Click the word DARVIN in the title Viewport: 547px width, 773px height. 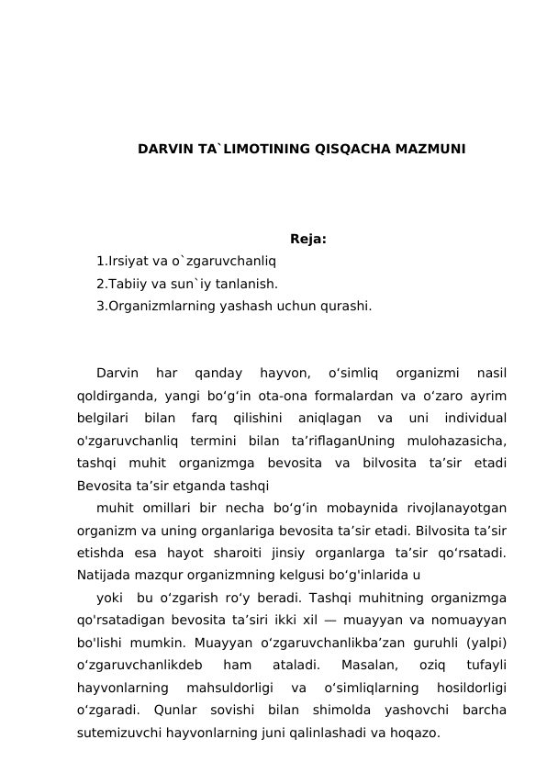[x=160, y=149]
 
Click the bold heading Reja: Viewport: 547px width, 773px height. [x=308, y=241]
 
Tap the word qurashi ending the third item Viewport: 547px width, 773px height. [x=347, y=307]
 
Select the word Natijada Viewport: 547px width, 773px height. [x=105, y=576]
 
